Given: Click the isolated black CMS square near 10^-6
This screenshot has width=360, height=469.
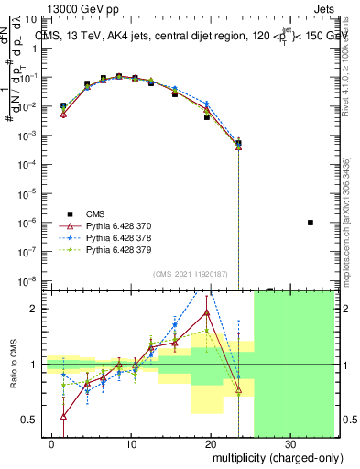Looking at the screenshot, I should (311, 223).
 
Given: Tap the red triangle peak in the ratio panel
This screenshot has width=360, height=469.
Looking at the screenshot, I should (207, 312).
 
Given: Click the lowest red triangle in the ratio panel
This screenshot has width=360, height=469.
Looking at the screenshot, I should (64, 416).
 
